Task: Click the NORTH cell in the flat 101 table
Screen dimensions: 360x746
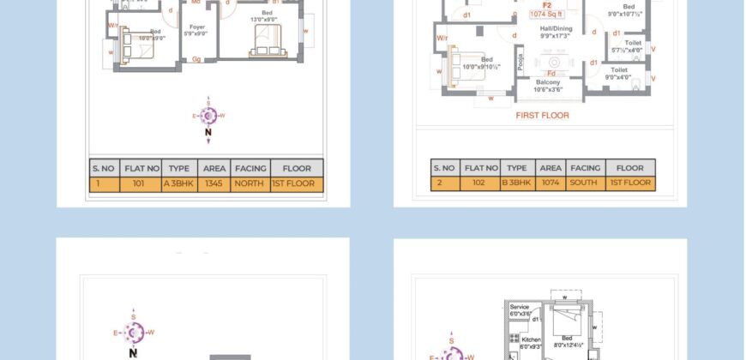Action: pos(250,183)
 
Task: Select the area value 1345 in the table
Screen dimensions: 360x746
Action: pos(214,183)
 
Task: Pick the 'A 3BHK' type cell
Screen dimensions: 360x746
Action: pos(180,183)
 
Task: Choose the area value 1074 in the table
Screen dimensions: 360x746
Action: pos(551,183)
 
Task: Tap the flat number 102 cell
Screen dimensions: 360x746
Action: pos(480,183)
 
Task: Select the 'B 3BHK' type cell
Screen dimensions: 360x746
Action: pos(517,183)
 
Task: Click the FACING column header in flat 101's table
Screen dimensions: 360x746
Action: pos(250,168)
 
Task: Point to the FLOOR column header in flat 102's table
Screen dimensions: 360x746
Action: pos(629,168)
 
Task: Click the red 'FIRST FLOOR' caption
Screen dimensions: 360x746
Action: pos(542,115)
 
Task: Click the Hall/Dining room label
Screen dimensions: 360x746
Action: pos(556,33)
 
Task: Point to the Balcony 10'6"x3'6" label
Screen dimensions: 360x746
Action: pos(550,86)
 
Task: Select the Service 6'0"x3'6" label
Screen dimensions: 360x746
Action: pos(520,310)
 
